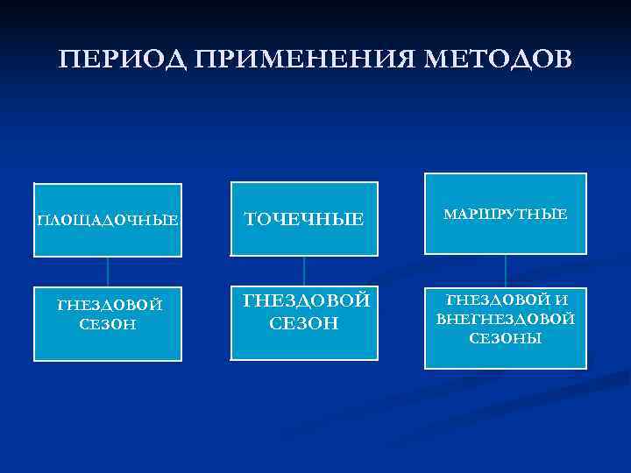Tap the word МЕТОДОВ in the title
click(499, 60)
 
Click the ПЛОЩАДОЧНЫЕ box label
click(107, 220)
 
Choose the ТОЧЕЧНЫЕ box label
click(303, 219)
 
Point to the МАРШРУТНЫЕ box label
click(506, 214)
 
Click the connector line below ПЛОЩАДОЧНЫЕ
click(108, 272)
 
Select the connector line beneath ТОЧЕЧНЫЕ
click(304, 271)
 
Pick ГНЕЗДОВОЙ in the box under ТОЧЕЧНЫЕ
click(306, 301)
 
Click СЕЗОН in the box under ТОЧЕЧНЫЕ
click(304, 323)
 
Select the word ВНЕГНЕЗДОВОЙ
click(506, 318)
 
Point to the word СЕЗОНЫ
click(506, 337)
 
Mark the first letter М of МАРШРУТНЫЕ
click(450, 214)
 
